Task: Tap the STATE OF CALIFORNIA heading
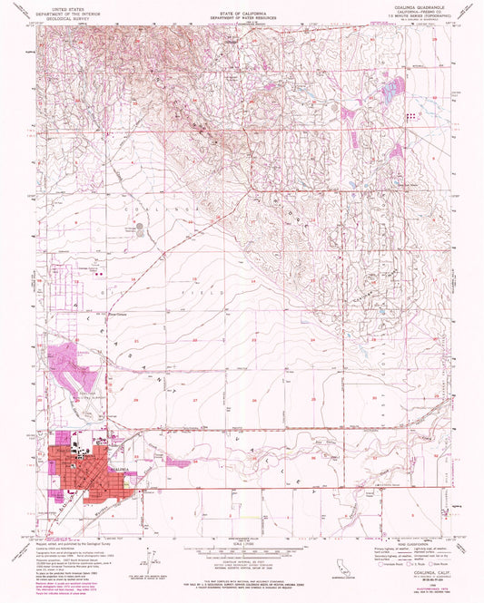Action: point(242,14)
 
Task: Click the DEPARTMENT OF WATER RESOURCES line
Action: point(242,20)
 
